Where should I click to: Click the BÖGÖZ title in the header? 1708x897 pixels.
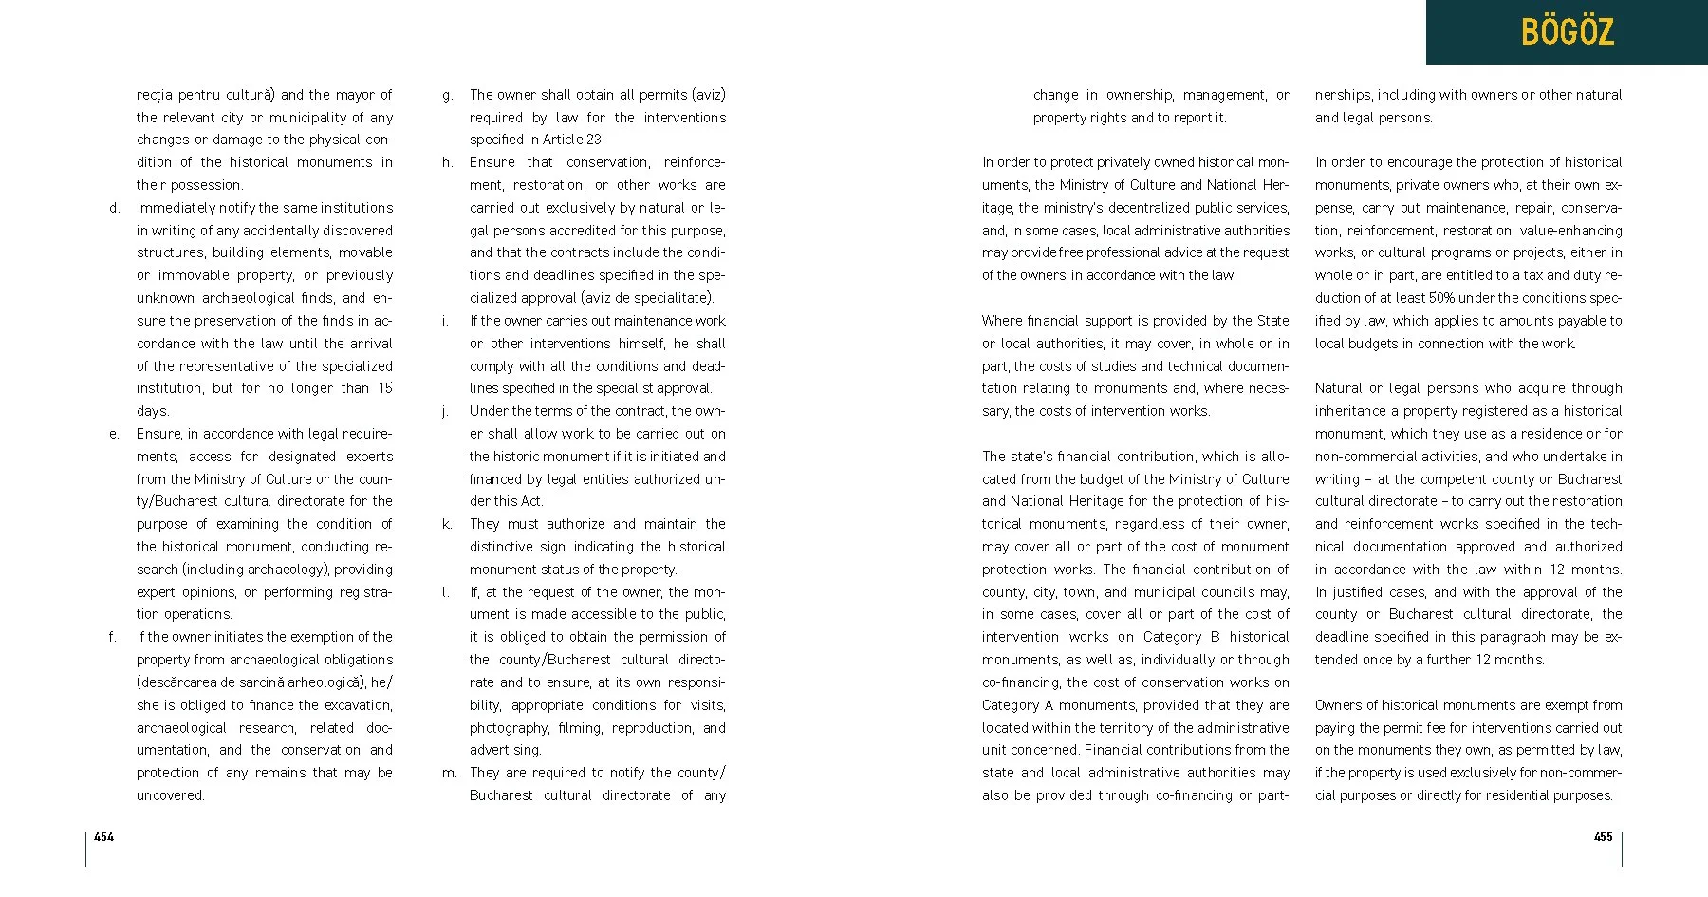point(1567,32)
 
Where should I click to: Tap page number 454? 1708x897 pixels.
point(103,836)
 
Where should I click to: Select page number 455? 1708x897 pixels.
point(1603,836)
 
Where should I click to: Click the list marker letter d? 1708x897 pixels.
point(115,208)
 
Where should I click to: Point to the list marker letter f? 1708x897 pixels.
point(113,637)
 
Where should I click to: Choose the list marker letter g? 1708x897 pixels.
point(448,95)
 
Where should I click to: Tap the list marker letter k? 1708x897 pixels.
point(447,524)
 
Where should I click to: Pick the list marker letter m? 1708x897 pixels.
point(449,773)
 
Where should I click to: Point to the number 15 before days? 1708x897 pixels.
point(385,388)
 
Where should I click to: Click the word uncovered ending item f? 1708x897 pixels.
point(171,795)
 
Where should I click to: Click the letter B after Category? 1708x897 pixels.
point(1215,637)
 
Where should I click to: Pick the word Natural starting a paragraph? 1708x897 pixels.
point(1336,388)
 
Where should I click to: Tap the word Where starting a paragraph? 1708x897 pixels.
point(1001,321)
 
